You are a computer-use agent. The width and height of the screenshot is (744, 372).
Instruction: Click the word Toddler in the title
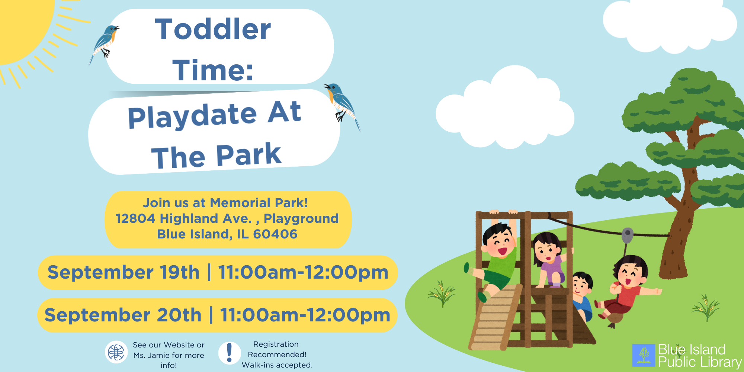click(x=213, y=29)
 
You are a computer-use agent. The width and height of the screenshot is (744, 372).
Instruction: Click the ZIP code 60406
click(x=275, y=234)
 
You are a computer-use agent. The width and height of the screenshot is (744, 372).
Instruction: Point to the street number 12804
click(x=135, y=218)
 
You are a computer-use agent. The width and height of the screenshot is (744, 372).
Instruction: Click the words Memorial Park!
click(x=259, y=203)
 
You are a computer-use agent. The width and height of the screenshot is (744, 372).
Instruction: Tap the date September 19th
click(x=124, y=272)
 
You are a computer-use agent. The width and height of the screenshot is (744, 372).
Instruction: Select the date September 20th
click(x=123, y=315)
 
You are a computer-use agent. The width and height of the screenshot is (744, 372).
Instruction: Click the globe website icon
click(x=116, y=352)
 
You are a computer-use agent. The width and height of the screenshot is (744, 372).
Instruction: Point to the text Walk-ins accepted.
click(x=277, y=365)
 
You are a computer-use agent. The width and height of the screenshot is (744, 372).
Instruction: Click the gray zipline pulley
click(x=628, y=235)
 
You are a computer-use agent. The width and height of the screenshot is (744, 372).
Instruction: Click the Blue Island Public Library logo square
click(x=644, y=355)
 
